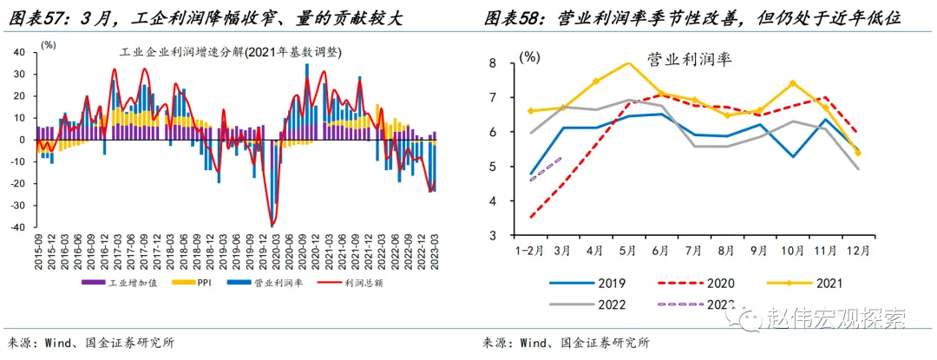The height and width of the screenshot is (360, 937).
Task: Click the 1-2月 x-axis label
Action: (528, 250)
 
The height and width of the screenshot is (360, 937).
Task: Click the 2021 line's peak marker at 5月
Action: (627, 63)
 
